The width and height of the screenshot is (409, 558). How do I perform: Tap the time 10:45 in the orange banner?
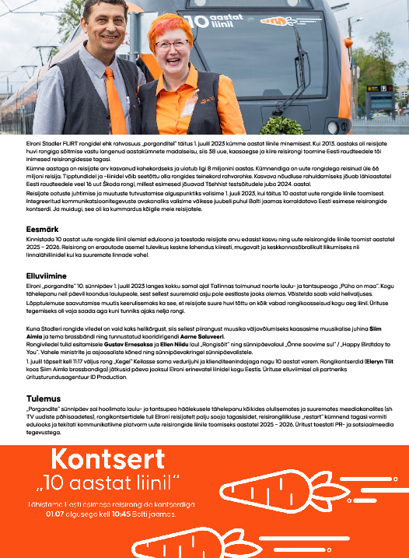coord(136,514)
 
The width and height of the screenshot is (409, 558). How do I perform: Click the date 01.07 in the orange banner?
coord(56,514)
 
